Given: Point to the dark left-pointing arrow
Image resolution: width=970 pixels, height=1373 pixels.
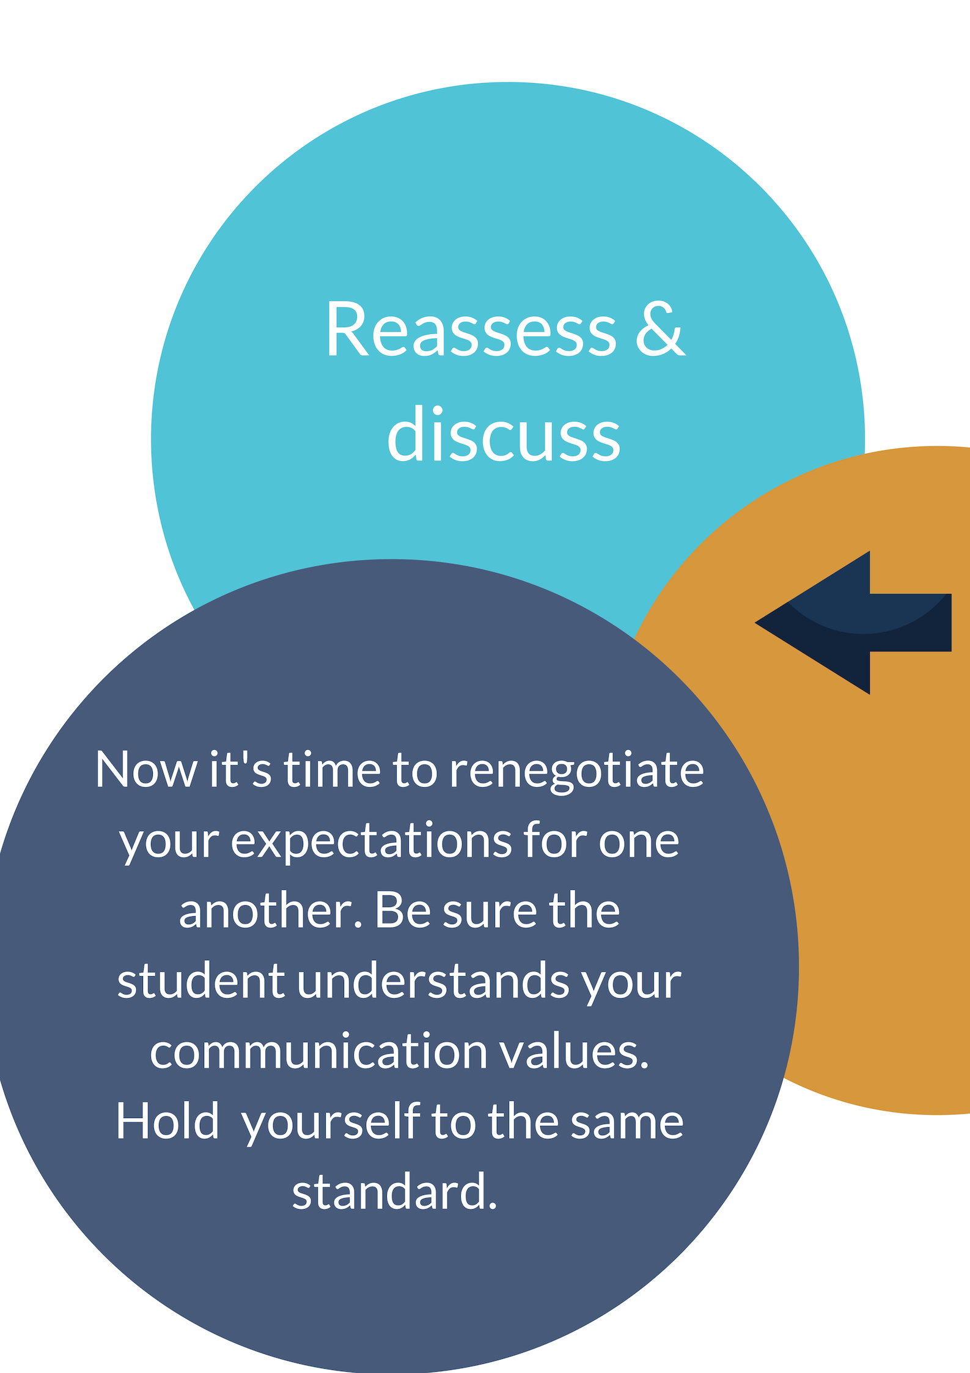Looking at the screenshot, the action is click(853, 623).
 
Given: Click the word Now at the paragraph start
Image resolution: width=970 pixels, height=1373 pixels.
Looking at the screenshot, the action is click(146, 769).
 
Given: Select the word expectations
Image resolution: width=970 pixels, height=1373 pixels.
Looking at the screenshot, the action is click(371, 843).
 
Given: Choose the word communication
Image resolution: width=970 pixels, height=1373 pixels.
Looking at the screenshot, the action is click(318, 1051).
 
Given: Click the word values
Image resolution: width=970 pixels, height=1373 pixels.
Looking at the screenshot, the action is click(574, 1051).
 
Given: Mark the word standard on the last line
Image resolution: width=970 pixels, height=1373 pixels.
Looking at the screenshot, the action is click(395, 1192).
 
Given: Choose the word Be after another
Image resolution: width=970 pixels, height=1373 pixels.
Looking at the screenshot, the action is click(402, 911).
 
